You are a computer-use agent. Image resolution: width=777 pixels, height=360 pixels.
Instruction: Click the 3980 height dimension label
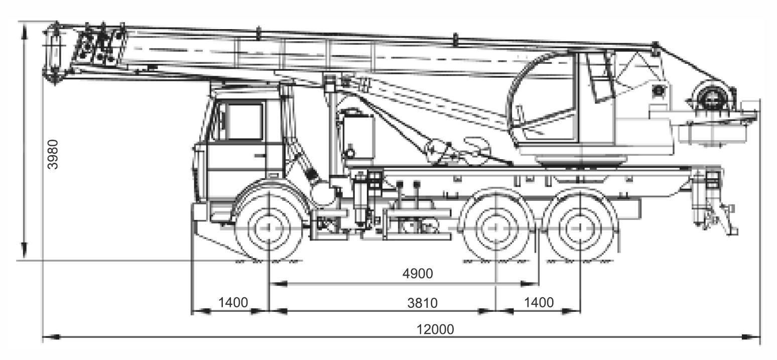(53, 154)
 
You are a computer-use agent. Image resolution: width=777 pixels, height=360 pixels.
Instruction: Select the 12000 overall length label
(435, 329)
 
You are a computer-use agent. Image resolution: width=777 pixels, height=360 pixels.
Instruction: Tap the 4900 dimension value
(418, 274)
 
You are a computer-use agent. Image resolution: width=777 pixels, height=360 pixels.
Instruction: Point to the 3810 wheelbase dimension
(422, 303)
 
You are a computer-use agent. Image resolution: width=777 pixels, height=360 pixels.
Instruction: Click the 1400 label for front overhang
(233, 302)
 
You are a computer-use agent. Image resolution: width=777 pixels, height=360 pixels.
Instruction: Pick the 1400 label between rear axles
(539, 302)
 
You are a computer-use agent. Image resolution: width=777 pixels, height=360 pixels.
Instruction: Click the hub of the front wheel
(269, 227)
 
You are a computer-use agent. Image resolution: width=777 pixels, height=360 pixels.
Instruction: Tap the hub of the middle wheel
(496, 227)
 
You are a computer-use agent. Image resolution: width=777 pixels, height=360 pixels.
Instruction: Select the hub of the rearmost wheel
(580, 227)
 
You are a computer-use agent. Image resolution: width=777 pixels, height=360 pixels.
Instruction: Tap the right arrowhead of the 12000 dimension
(750, 336)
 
